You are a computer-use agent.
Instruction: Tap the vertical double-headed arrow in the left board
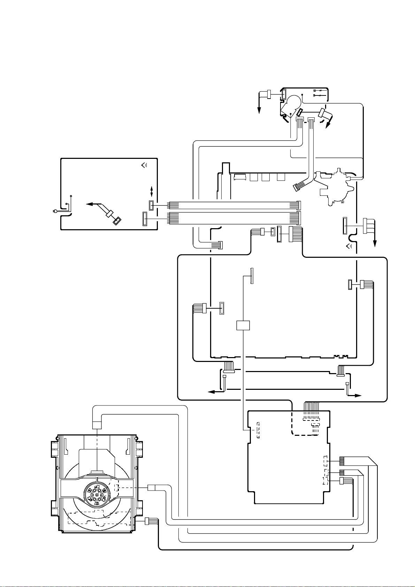(152, 191)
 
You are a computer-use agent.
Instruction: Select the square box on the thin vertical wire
(243, 325)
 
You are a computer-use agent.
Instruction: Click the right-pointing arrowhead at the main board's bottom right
(359, 396)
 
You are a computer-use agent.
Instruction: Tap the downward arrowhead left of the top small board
(259, 111)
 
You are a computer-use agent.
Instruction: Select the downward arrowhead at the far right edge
(376, 244)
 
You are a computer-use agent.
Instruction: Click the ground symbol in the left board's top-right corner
(144, 165)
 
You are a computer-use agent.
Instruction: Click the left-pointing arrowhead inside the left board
(89, 205)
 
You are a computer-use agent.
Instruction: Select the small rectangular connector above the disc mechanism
(97, 425)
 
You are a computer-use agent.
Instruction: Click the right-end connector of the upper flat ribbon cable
(298, 206)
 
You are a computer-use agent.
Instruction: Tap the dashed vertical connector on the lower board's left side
(258, 430)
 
